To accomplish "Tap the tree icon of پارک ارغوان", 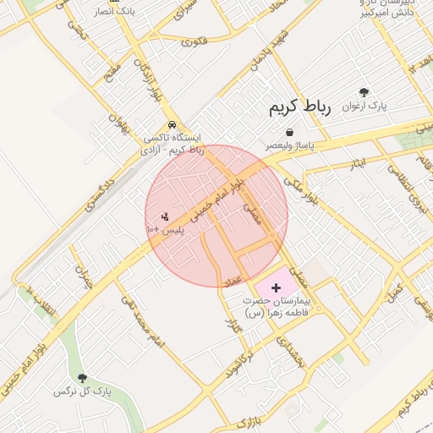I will click(364, 92).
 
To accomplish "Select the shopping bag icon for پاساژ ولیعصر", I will click(290, 133).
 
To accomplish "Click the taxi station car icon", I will click(172, 123).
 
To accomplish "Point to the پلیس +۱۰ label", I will click(166, 229).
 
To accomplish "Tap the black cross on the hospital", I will click(277, 288).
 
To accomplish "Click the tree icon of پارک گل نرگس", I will click(82, 378).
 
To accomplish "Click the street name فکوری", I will click(194, 40).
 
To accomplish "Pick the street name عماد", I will click(233, 280).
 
